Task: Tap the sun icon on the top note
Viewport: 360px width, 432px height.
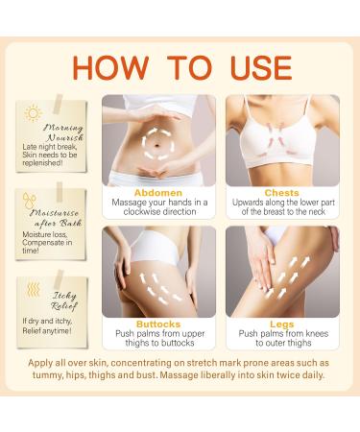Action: point(34,113)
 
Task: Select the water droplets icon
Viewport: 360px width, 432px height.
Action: point(31,203)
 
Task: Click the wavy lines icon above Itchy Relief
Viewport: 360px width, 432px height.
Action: point(33,287)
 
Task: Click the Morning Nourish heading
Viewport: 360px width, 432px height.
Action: point(62,132)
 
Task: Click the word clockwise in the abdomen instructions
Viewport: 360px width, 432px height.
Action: point(138,214)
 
